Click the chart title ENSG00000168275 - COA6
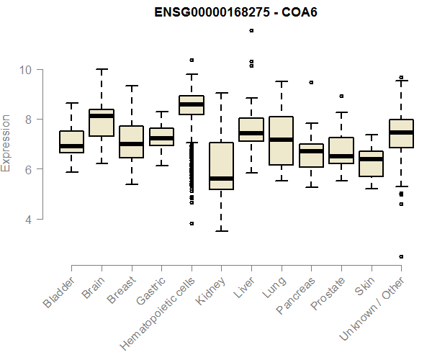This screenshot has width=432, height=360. (238, 12)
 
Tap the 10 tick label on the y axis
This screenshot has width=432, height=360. (27, 70)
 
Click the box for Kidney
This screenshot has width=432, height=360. (221, 166)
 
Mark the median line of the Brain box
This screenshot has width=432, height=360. (102, 116)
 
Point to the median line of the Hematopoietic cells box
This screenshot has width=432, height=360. (192, 104)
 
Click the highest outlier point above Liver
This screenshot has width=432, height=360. (251, 30)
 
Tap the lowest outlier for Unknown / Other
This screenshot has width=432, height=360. (401, 256)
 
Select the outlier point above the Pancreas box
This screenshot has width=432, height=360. (311, 83)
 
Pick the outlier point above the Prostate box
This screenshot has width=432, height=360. (341, 96)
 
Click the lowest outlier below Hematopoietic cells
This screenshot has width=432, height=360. (192, 223)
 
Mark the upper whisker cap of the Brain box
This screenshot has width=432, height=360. (102, 70)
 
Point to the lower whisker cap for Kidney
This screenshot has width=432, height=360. (221, 230)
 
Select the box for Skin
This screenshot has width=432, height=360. (371, 164)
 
